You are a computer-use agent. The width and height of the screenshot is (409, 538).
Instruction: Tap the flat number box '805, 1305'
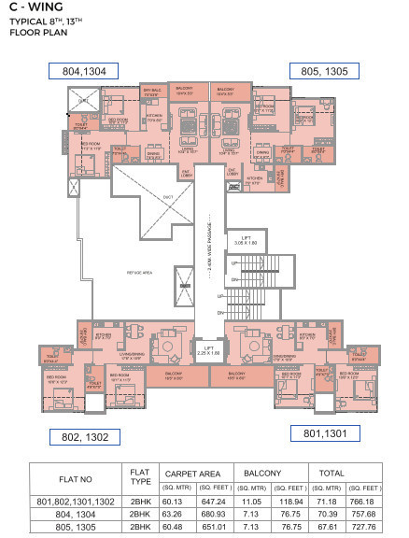[323, 70]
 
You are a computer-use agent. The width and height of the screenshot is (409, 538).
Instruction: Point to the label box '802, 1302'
[86, 435]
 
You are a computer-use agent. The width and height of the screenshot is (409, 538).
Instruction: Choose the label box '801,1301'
[323, 432]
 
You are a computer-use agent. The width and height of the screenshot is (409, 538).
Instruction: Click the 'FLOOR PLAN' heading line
[35, 32]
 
